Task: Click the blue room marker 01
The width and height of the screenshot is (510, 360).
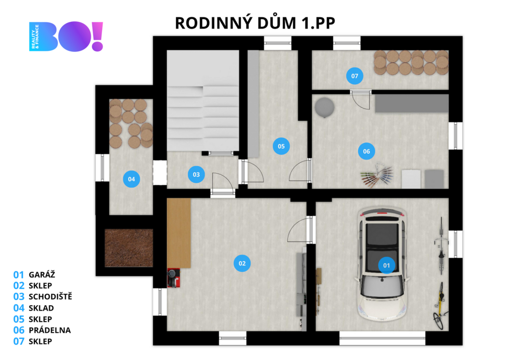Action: click(x=386, y=265)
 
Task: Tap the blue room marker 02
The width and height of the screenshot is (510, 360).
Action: click(x=242, y=263)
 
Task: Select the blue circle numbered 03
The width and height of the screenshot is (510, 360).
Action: click(x=196, y=175)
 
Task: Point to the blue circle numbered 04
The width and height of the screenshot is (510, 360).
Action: click(x=131, y=179)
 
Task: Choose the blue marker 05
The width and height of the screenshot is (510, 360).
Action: click(x=281, y=146)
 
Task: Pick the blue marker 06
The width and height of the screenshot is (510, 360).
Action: click(x=367, y=151)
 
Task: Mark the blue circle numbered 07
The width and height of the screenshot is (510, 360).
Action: click(x=355, y=76)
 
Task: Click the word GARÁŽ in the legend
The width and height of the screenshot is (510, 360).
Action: click(x=42, y=274)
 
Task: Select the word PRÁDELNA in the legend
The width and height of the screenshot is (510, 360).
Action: click(x=50, y=330)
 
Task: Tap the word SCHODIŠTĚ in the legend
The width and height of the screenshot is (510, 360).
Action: click(x=50, y=296)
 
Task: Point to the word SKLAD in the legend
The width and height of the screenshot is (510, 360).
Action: click(x=41, y=308)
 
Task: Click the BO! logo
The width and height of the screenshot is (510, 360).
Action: click(x=66, y=36)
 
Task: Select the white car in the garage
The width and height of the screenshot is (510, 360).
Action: click(x=382, y=264)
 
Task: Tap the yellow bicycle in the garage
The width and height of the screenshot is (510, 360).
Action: click(x=440, y=305)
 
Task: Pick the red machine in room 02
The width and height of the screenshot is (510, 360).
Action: click(x=173, y=278)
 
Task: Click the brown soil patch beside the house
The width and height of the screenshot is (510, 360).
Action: click(x=129, y=248)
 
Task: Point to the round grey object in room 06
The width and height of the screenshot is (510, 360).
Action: click(x=324, y=107)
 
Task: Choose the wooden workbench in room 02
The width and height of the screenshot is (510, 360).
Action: click(x=179, y=233)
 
